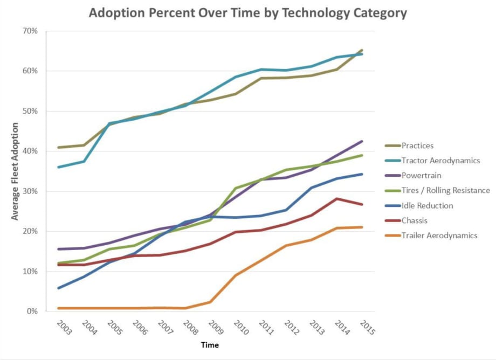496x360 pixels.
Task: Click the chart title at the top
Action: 248,13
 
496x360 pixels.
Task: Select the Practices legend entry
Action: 417,146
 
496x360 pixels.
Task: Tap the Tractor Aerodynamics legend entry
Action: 440,161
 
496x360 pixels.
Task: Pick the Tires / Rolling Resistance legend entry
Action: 445,190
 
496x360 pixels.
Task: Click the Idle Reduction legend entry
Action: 427,205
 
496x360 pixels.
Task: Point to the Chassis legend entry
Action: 415,220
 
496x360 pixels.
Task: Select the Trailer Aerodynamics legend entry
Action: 439,235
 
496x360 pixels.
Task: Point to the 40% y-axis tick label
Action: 30,151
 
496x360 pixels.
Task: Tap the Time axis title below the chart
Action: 210,345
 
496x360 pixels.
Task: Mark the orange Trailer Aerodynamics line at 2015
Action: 361,227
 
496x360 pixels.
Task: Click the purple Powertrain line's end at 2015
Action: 361,141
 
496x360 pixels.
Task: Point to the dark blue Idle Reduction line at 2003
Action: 58,288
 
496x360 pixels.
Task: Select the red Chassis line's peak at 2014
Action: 336,199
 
